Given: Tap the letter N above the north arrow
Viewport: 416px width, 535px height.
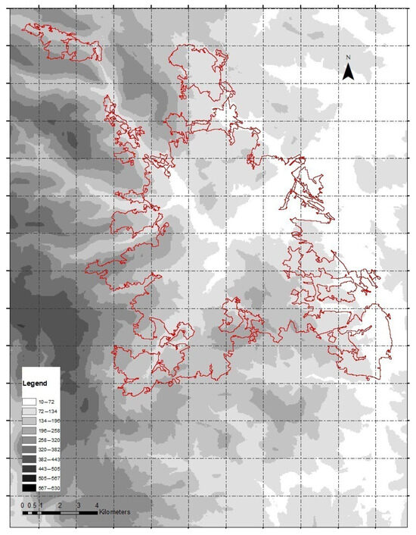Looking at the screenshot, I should click(x=348, y=58).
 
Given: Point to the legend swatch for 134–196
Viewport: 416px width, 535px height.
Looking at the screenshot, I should click(x=29, y=420).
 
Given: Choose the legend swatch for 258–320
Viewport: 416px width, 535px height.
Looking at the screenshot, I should click(x=29, y=440).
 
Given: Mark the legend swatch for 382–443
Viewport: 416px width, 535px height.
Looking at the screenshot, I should click(x=29, y=459).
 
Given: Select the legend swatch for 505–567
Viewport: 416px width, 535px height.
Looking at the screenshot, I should click(x=29, y=479).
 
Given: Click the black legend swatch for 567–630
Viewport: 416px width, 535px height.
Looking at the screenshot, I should click(x=29, y=489).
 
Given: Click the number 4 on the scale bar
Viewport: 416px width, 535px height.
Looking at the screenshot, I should click(x=97, y=505).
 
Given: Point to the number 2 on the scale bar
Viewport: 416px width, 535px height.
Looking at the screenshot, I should click(x=59, y=505).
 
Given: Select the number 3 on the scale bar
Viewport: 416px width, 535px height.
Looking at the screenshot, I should click(x=78, y=505).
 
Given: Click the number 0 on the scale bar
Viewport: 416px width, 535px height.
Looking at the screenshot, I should click(x=22, y=505).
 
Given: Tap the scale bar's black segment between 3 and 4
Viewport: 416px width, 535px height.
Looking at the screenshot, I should click(x=88, y=513).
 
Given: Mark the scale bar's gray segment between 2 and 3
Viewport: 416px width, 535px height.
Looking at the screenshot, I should click(x=69, y=513).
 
